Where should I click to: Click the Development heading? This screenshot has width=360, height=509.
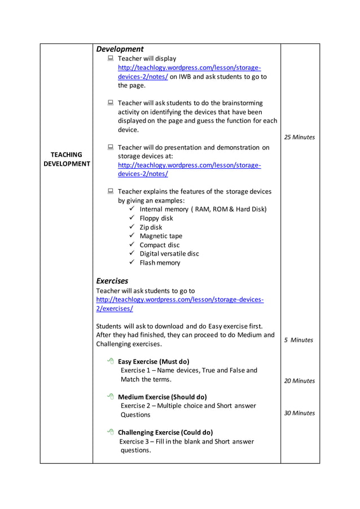tap(120, 49)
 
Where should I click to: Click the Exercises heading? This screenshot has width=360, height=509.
tap(112, 280)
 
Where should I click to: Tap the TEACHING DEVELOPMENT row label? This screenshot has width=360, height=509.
tap(67, 159)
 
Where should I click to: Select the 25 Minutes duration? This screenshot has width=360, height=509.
tap(300, 137)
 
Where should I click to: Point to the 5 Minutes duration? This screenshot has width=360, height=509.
tap(298, 340)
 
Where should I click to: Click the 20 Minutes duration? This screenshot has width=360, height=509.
tap(300, 381)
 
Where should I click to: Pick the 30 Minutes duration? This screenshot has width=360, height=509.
tap(300, 413)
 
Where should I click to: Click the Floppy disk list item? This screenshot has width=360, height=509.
tap(156, 218)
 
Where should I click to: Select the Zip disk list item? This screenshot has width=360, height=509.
tap(151, 227)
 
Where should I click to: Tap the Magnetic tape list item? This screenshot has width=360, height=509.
tap(161, 236)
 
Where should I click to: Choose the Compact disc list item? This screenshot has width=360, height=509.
tap(160, 245)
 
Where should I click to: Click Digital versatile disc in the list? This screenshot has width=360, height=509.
tap(169, 254)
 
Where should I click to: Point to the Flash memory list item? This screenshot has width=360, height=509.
tap(160, 263)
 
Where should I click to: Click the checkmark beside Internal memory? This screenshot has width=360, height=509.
tap(131, 209)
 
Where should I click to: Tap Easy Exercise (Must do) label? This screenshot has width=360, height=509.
tap(153, 361)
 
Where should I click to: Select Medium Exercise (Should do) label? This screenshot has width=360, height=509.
tap(162, 397)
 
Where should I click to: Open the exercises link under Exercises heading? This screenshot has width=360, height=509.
tap(179, 304)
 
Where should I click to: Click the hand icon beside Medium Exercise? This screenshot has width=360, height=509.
tap(110, 397)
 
